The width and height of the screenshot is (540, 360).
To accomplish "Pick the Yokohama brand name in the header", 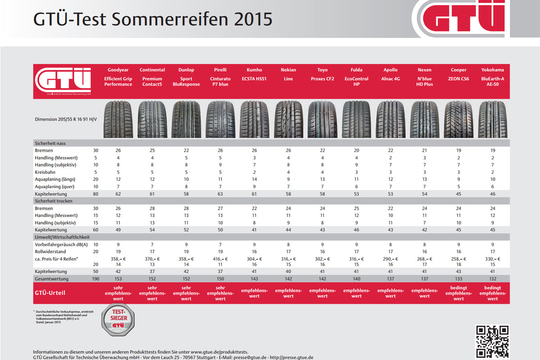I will click(492, 70).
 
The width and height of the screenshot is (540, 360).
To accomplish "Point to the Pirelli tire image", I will click(220, 119).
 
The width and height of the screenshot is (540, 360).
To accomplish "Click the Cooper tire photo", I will click(459, 119).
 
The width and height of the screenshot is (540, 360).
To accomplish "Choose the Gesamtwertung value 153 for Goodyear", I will click(118, 279).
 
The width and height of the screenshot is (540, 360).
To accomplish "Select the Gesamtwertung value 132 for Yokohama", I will click(492, 279).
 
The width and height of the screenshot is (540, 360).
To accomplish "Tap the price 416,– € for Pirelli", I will click(220, 259).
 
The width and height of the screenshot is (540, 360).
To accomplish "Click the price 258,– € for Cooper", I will click(459, 259).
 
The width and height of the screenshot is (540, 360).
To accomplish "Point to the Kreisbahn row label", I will click(46, 172).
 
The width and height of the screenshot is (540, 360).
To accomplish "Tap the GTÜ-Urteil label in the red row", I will click(50, 292).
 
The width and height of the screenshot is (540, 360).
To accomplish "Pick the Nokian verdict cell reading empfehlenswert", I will click(288, 293).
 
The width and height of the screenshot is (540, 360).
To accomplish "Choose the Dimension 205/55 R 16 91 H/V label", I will click(66, 120).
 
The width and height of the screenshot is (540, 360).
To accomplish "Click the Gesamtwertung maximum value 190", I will click(95, 279).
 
